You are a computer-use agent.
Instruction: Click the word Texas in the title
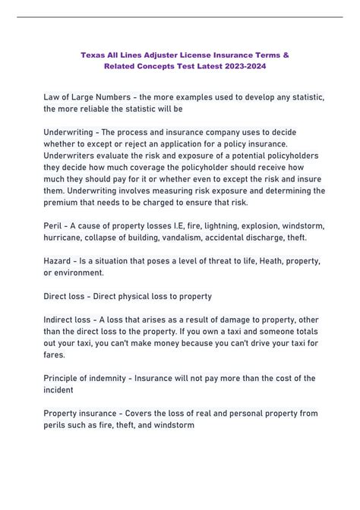[94, 55]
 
